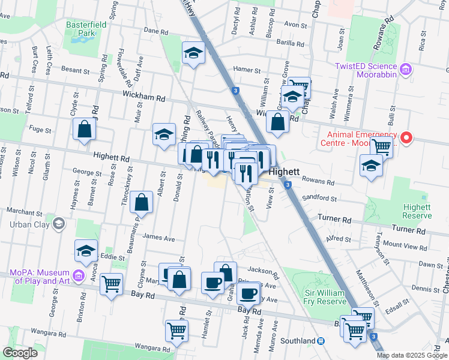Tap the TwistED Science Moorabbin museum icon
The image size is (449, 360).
406,70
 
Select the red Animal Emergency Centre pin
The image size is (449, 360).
406,139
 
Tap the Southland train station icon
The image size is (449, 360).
321,341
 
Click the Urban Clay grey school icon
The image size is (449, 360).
59,224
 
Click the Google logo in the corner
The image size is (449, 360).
20,353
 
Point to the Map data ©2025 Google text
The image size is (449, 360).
412,355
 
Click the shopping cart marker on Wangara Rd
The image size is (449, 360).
176,330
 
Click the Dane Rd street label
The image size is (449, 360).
155,31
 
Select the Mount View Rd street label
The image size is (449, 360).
404,244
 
